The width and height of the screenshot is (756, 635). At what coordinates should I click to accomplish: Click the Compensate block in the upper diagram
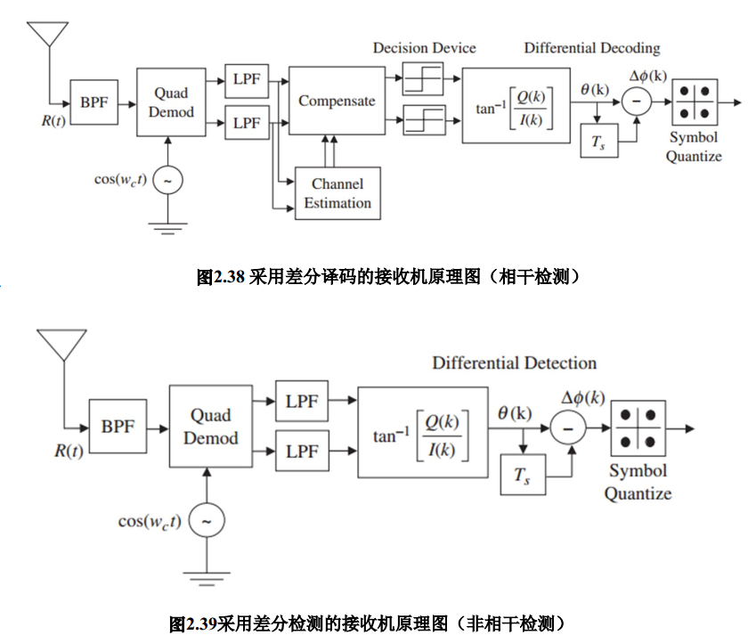336,101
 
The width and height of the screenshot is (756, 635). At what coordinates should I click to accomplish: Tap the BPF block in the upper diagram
93,102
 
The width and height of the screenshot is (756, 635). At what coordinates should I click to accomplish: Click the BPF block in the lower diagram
118,427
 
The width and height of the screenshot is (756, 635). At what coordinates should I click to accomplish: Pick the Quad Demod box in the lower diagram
211,427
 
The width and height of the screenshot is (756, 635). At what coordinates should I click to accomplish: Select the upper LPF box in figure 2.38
247,79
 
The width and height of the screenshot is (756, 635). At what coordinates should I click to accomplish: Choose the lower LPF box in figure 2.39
302,452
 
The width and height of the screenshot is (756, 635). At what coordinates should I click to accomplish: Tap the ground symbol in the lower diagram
207,582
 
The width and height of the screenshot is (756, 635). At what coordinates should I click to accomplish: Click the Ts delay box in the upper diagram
598,142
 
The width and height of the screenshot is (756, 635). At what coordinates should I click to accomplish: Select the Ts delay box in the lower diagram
522,477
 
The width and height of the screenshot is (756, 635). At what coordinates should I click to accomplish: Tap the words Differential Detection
514,362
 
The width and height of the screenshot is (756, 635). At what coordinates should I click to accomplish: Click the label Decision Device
424,48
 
